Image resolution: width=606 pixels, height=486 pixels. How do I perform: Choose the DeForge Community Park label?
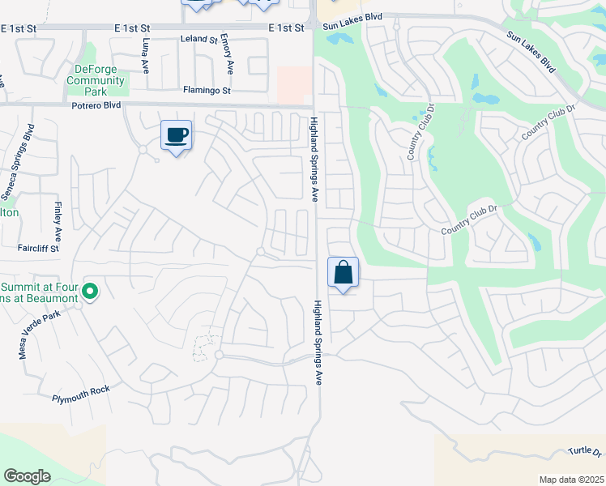point(96,81)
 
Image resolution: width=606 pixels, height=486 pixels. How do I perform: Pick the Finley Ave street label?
point(58,221)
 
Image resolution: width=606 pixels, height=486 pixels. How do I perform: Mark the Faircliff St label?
point(37,248)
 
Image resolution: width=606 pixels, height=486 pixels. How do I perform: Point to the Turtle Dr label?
point(585,451)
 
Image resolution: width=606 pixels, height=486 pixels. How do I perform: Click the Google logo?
point(27,476)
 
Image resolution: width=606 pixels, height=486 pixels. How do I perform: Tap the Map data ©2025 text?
point(572,480)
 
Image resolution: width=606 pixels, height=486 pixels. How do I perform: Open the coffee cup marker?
point(176,135)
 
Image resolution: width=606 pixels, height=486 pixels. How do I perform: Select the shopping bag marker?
point(343,273)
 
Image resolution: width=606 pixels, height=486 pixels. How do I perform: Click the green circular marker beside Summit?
point(90,291)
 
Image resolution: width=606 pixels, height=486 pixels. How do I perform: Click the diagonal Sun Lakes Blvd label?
point(531,53)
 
